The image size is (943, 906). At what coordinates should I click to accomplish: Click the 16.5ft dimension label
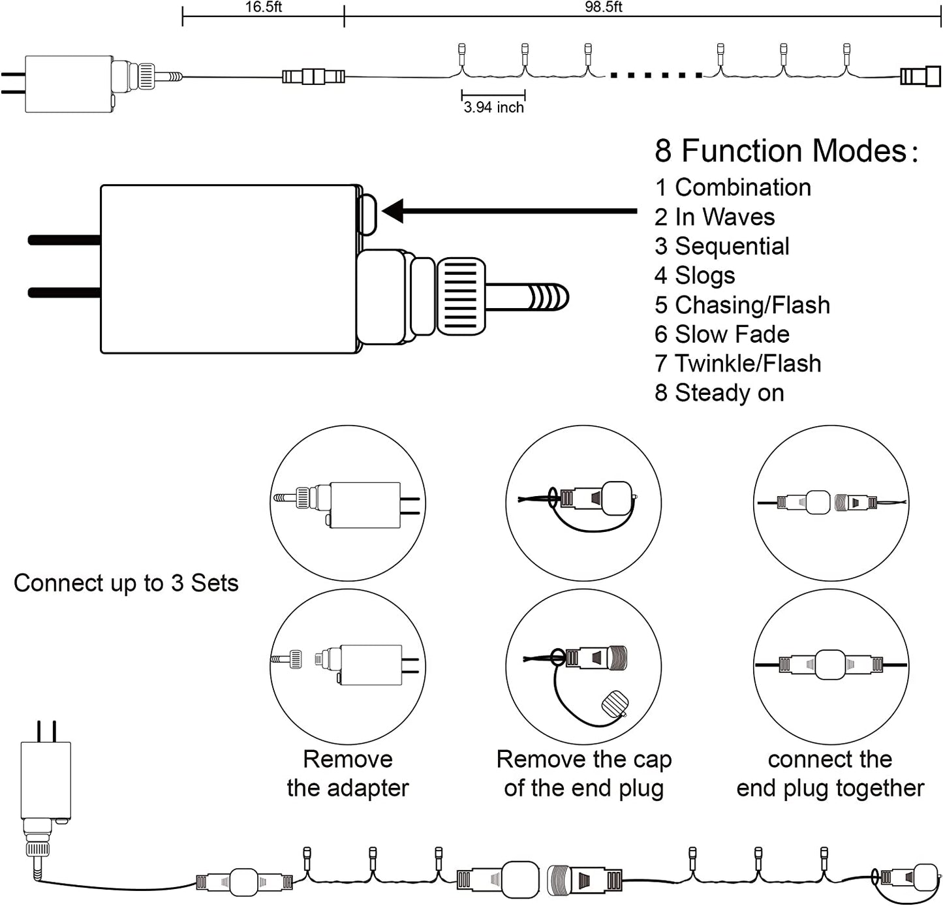pyautogui.click(x=263, y=7)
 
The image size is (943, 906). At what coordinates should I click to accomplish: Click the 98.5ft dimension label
pyautogui.click(x=603, y=7)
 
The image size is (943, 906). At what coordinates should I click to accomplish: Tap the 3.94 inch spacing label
pyautogui.click(x=493, y=108)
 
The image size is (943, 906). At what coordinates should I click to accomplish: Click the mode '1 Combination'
pyautogui.click(x=733, y=187)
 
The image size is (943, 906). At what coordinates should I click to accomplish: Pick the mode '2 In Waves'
pyautogui.click(x=715, y=217)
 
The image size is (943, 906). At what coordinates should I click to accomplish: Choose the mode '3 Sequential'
pyautogui.click(x=722, y=246)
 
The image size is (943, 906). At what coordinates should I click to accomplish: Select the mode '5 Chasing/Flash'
pyautogui.click(x=742, y=305)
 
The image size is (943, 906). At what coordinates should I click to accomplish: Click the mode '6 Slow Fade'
pyautogui.click(x=722, y=334)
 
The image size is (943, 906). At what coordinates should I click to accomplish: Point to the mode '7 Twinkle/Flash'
pyautogui.click(x=737, y=364)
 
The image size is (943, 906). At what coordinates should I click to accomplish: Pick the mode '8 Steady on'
pyautogui.click(x=719, y=393)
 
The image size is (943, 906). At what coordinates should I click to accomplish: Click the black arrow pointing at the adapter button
pyautogui.click(x=509, y=211)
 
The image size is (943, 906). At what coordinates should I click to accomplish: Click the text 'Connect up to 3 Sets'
pyautogui.click(x=126, y=583)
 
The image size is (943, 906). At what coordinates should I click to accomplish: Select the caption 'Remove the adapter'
pyautogui.click(x=348, y=773)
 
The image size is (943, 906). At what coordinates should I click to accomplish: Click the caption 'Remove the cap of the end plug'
pyautogui.click(x=584, y=773)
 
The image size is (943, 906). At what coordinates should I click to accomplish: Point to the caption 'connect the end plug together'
pyautogui.click(x=830, y=773)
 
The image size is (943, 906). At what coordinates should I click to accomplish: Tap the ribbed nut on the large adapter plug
pyautogui.click(x=461, y=296)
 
